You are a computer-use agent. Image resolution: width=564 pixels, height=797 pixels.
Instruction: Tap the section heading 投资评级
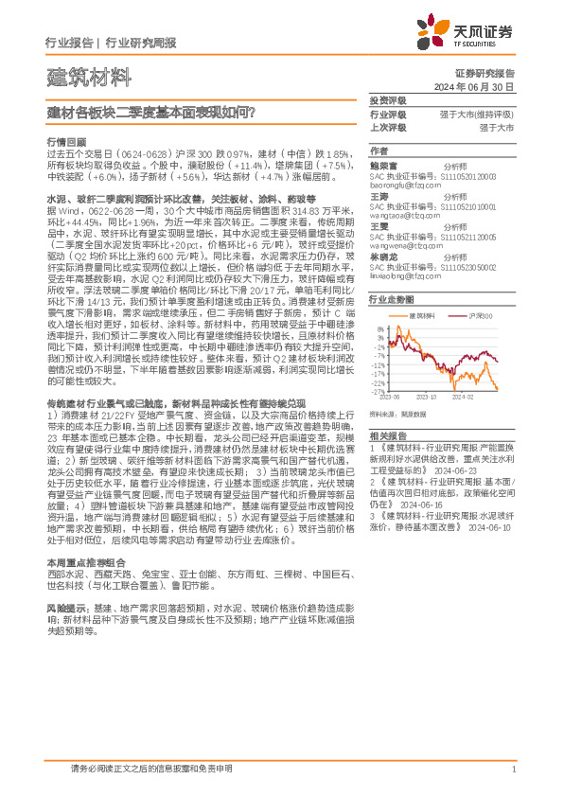pyautogui.click(x=387, y=100)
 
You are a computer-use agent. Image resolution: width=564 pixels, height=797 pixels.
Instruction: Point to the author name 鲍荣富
pyautogui.click(x=383, y=165)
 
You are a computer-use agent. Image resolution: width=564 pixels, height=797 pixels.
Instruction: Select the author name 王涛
pyautogui.click(x=379, y=195)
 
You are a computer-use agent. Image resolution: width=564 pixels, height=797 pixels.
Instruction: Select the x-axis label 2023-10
pyautogui.click(x=427, y=398)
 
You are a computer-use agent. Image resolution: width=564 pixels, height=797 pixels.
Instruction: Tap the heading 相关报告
pyautogui.click(x=387, y=434)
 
